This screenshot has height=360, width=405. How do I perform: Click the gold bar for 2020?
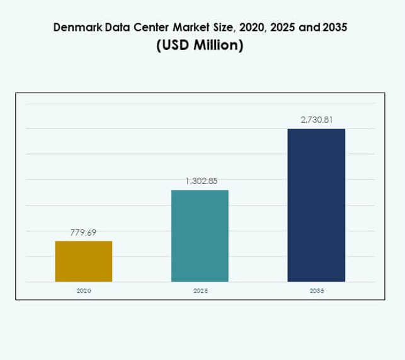(x=84, y=261)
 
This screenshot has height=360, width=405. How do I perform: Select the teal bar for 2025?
(x=200, y=236)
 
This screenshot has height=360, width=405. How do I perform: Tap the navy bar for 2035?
(x=316, y=205)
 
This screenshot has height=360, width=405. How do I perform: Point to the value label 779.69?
(x=84, y=233)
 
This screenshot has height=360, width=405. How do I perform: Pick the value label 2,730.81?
(x=316, y=119)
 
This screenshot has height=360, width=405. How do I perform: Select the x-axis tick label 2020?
(x=83, y=291)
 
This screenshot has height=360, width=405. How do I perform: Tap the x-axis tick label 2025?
(x=200, y=291)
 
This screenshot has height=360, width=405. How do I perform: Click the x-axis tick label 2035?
(x=317, y=291)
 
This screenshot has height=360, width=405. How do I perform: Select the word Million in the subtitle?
(x=217, y=47)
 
